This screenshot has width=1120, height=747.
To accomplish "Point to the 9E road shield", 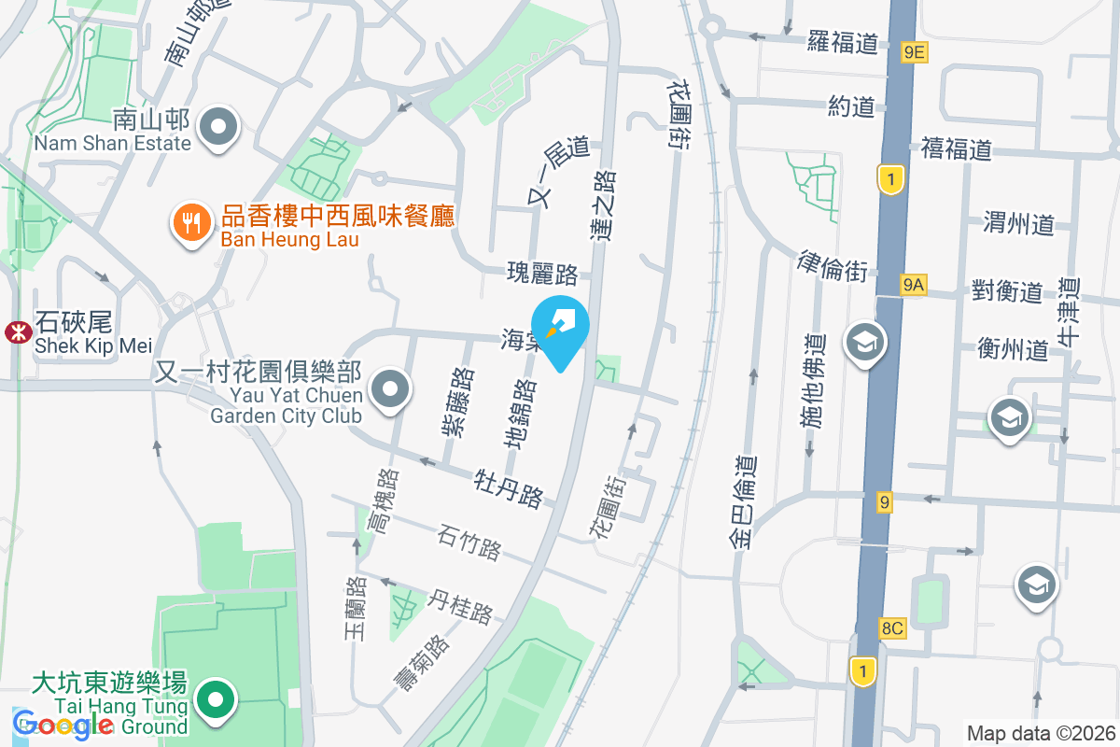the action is [914, 52].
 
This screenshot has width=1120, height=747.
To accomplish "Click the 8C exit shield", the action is [892, 627].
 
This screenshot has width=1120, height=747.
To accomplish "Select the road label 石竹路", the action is [469, 542].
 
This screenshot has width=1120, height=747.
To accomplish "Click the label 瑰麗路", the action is [542, 274].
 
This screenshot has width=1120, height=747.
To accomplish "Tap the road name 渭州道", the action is [1018, 223].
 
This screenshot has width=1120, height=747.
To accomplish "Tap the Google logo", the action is [63, 724].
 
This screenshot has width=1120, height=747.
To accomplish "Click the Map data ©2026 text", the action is [1040, 733].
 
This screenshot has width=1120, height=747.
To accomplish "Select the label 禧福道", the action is [956, 148].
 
